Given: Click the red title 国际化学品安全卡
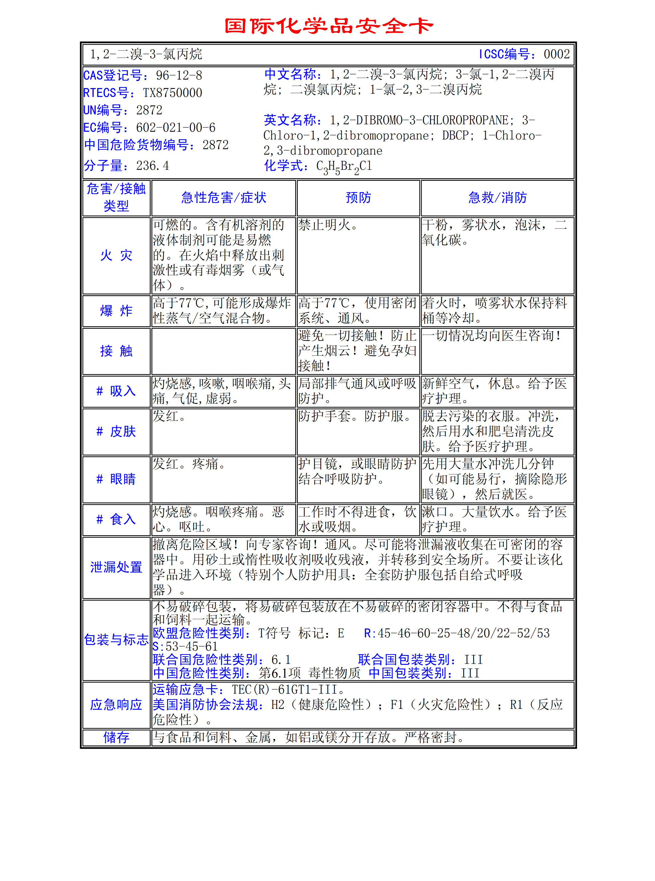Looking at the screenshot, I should [328, 26].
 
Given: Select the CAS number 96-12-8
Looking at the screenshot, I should [179, 75].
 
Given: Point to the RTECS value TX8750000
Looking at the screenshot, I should [173, 93].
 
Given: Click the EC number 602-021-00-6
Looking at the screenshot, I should [176, 128].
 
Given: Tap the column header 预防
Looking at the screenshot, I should [358, 197].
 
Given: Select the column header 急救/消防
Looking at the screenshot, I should [497, 197].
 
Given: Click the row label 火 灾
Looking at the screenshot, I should [116, 255].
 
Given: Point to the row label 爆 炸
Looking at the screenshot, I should [116, 311].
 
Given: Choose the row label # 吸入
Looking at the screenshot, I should [116, 391].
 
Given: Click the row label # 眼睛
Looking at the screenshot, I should [116, 479].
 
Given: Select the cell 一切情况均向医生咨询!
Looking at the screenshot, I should [492, 336].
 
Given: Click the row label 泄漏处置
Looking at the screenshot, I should [116, 567].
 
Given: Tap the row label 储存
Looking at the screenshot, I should [116, 737].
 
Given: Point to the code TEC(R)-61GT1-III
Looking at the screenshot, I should [284, 689].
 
